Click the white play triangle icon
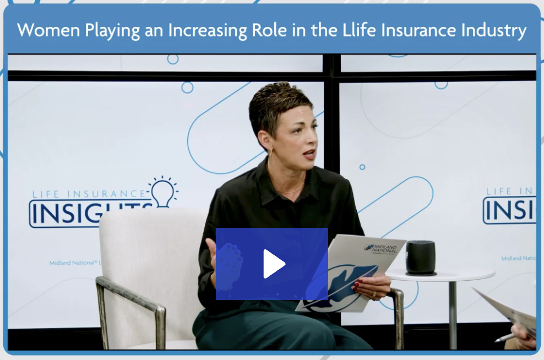(274, 264)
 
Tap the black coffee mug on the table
(420, 257)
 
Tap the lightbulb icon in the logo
(162, 192)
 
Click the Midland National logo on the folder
(380, 248)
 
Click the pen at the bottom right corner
(504, 337)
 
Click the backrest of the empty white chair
(143, 242)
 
